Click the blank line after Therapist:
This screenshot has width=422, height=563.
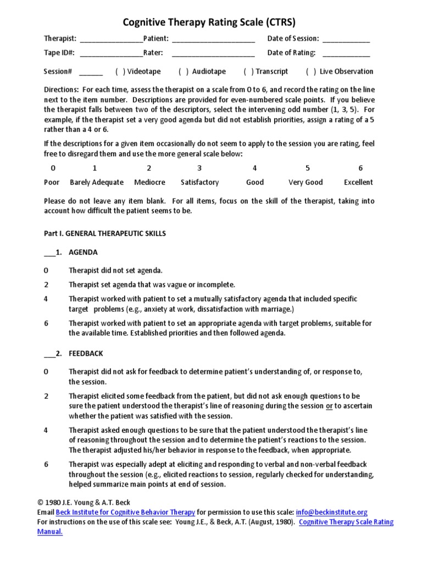[x=112, y=40]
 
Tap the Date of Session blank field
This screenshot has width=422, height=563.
[x=346, y=40]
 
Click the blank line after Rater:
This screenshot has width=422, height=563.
[x=213, y=54]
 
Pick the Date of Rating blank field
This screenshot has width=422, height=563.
[x=346, y=54]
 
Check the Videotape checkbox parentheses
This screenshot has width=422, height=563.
[x=120, y=71]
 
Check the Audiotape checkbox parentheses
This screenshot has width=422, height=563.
[x=184, y=71]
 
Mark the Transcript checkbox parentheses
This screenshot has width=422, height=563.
[x=248, y=71]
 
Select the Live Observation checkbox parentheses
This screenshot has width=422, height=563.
[x=311, y=71]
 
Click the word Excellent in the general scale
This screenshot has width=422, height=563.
[x=358, y=182]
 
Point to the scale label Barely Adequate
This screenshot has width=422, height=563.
[x=97, y=182]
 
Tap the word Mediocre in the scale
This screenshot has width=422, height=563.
[x=149, y=182]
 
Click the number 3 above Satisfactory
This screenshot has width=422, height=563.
[x=199, y=168]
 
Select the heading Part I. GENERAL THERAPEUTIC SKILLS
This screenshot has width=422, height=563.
[x=104, y=233]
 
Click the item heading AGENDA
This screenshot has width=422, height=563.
[x=83, y=252]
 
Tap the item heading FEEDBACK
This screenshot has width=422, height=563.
[x=86, y=353]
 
